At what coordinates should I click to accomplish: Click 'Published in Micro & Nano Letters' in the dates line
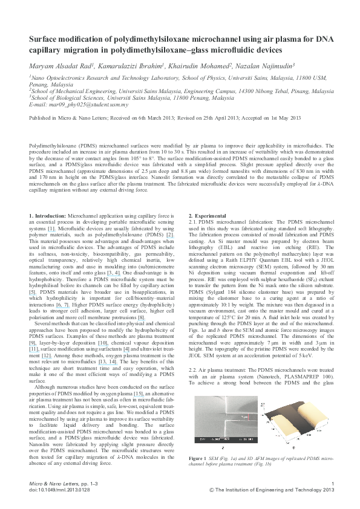pyautogui.click(x=68, y=120)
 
